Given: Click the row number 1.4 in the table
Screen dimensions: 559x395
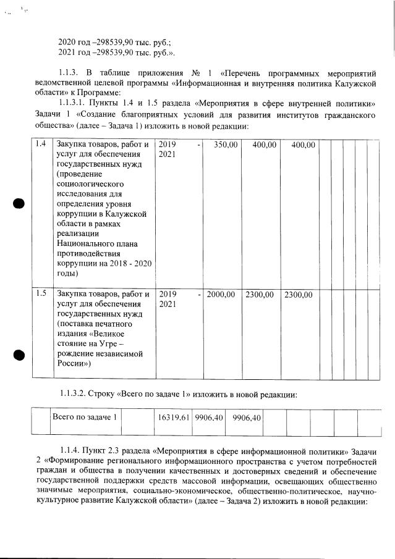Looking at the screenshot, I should (40, 145).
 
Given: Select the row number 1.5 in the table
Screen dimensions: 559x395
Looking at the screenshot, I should (40, 294).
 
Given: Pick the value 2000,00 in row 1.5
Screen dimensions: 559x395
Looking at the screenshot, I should (221, 295).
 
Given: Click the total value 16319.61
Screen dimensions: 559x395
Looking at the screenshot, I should (172, 418).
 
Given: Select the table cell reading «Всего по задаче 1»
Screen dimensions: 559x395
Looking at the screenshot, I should (85, 418).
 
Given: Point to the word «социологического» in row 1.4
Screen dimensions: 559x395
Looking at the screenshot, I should (91, 183).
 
